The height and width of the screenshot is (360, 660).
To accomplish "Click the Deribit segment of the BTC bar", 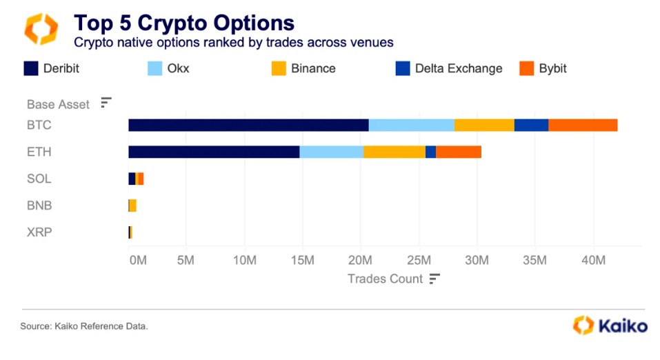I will (248, 125).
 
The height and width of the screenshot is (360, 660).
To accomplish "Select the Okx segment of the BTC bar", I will (411, 125).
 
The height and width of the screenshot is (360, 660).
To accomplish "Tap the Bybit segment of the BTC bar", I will (583, 125).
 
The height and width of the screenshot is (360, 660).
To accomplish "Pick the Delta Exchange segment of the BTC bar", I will (531, 125).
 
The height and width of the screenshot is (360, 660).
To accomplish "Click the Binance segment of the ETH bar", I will (394, 152).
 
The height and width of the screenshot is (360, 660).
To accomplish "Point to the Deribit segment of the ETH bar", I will (214, 152).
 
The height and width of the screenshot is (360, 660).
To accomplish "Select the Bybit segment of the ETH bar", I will (459, 152).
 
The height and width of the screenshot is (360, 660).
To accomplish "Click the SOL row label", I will (39, 179).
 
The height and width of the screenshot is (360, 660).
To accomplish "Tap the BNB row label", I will (39, 206).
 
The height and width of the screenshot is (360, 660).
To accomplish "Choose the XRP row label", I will (39, 232).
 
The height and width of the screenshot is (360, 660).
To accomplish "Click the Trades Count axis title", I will (385, 279).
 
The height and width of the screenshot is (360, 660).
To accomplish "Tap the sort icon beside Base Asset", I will (106, 103).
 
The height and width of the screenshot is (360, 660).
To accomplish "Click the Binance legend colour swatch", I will (278, 68).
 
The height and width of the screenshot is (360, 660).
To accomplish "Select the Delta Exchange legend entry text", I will (459, 68).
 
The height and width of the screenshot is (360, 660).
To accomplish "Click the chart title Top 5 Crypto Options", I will (184, 23).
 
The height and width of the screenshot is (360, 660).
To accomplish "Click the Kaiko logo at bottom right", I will (610, 325).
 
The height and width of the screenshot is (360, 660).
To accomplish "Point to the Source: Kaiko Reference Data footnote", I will (84, 326).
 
